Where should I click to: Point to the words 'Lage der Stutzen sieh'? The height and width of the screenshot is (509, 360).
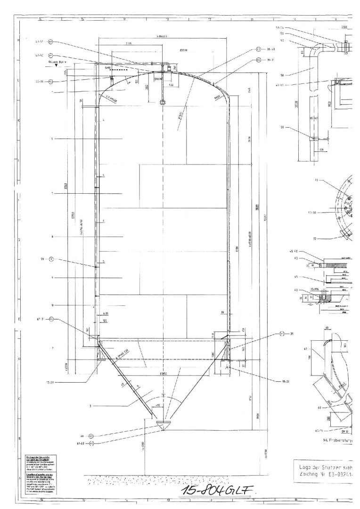[x=325, y=467]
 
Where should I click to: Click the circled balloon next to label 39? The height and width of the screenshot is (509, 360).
[x=282, y=334]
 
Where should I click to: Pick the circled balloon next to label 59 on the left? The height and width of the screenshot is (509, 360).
[x=51, y=259]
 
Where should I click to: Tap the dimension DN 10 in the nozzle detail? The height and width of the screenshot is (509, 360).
[x=344, y=430]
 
